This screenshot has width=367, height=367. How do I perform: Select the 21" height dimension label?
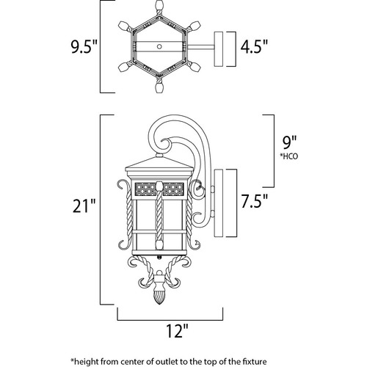(84, 206)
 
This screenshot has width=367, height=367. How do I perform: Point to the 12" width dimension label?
(178, 331)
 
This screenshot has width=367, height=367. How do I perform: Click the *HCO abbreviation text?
(289, 156)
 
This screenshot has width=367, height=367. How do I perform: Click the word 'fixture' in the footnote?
(255, 361)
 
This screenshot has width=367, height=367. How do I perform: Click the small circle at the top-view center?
(159, 46)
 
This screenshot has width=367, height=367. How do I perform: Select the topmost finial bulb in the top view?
(159, 5)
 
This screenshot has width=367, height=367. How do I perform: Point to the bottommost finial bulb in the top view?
(159, 87)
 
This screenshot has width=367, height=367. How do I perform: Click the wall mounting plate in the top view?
(219, 49)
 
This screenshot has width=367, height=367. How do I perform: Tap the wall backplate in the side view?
(219, 203)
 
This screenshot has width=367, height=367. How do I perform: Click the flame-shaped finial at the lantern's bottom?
(159, 297)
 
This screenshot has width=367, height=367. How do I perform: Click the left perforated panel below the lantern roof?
(145, 189)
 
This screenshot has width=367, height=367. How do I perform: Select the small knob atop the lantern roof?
(159, 155)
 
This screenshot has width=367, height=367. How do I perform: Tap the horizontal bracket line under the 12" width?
(170, 320)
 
